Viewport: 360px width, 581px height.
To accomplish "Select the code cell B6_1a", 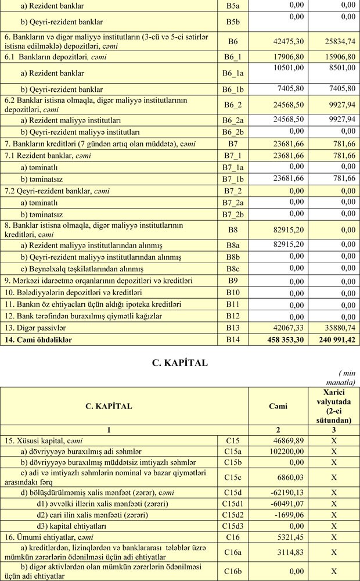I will click(233, 73).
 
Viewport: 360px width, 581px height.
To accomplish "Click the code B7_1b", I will click(233, 179).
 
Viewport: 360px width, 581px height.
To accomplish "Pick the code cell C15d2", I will click(233, 515).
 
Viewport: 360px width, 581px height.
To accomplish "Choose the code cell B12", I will click(233, 315).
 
